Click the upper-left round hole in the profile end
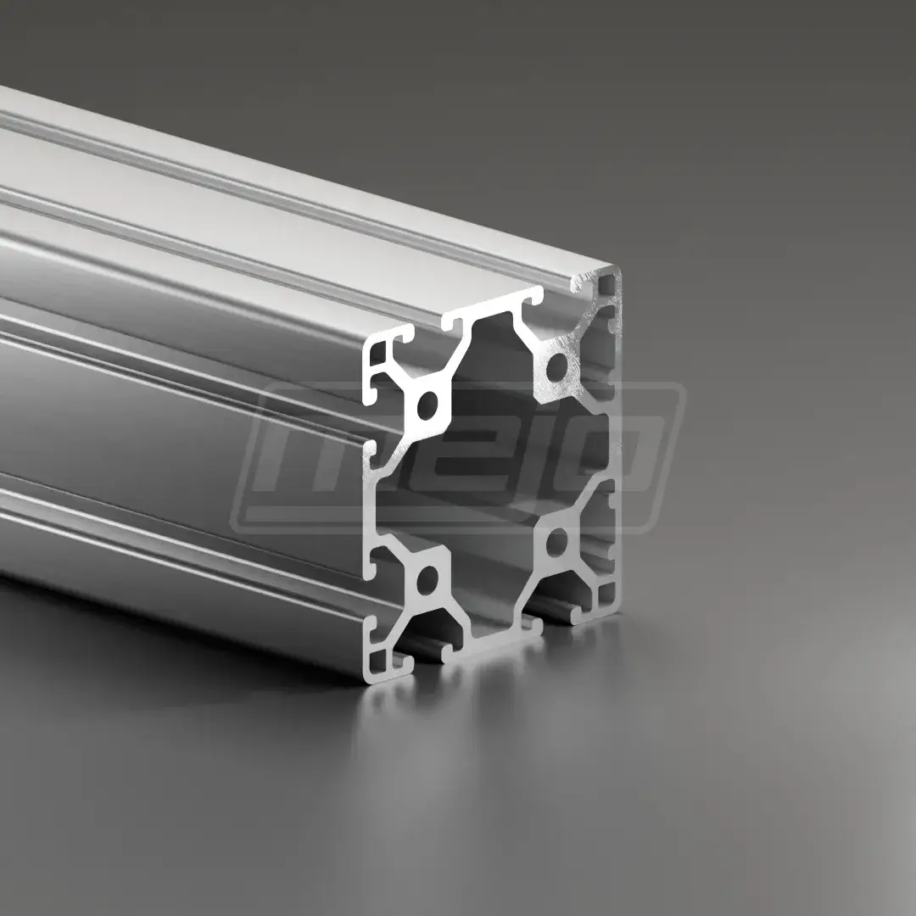point(427,404)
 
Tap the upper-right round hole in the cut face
point(556,365)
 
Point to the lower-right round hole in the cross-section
point(556,542)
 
